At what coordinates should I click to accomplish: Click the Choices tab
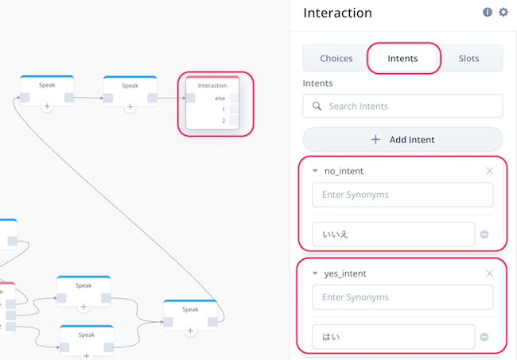tap(336, 58)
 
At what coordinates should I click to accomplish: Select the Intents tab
tap(402, 58)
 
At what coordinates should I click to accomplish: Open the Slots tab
tap(468, 58)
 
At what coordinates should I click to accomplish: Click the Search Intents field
tap(402, 106)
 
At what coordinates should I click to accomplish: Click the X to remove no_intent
tap(489, 171)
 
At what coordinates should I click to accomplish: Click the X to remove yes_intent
tap(489, 273)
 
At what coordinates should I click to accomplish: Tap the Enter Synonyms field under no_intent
tap(402, 195)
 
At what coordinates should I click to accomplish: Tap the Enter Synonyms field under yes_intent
tap(402, 297)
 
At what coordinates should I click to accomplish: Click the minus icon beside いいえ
tap(484, 234)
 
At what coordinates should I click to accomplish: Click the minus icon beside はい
tap(484, 337)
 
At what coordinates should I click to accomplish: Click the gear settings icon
tap(503, 12)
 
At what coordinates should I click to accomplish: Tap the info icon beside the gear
tap(488, 12)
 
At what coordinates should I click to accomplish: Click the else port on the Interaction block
tap(234, 99)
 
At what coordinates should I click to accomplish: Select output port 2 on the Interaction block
tap(234, 120)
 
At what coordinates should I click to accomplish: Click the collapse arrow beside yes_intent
tap(315, 273)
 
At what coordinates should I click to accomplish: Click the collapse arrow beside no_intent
tap(315, 171)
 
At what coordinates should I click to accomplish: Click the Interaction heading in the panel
tap(337, 13)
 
